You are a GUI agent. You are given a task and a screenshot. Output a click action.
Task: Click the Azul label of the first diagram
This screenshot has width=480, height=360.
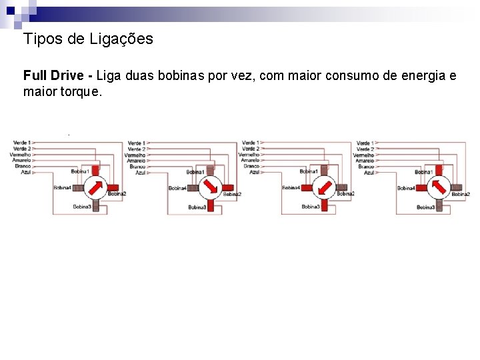(x=26, y=172)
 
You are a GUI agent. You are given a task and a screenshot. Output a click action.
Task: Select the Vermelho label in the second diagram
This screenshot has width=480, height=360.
(x=135, y=155)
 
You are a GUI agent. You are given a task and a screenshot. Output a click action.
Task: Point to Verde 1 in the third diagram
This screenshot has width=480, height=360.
(x=250, y=143)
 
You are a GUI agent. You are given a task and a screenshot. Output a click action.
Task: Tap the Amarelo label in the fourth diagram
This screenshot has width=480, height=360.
(x=365, y=161)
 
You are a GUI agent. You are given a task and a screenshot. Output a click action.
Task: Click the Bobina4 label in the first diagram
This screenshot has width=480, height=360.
(x=62, y=188)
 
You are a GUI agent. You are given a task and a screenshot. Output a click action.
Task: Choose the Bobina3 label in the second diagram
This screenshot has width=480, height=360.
(x=197, y=207)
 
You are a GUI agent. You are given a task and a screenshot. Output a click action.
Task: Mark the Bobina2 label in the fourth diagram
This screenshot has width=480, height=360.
(x=461, y=194)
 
